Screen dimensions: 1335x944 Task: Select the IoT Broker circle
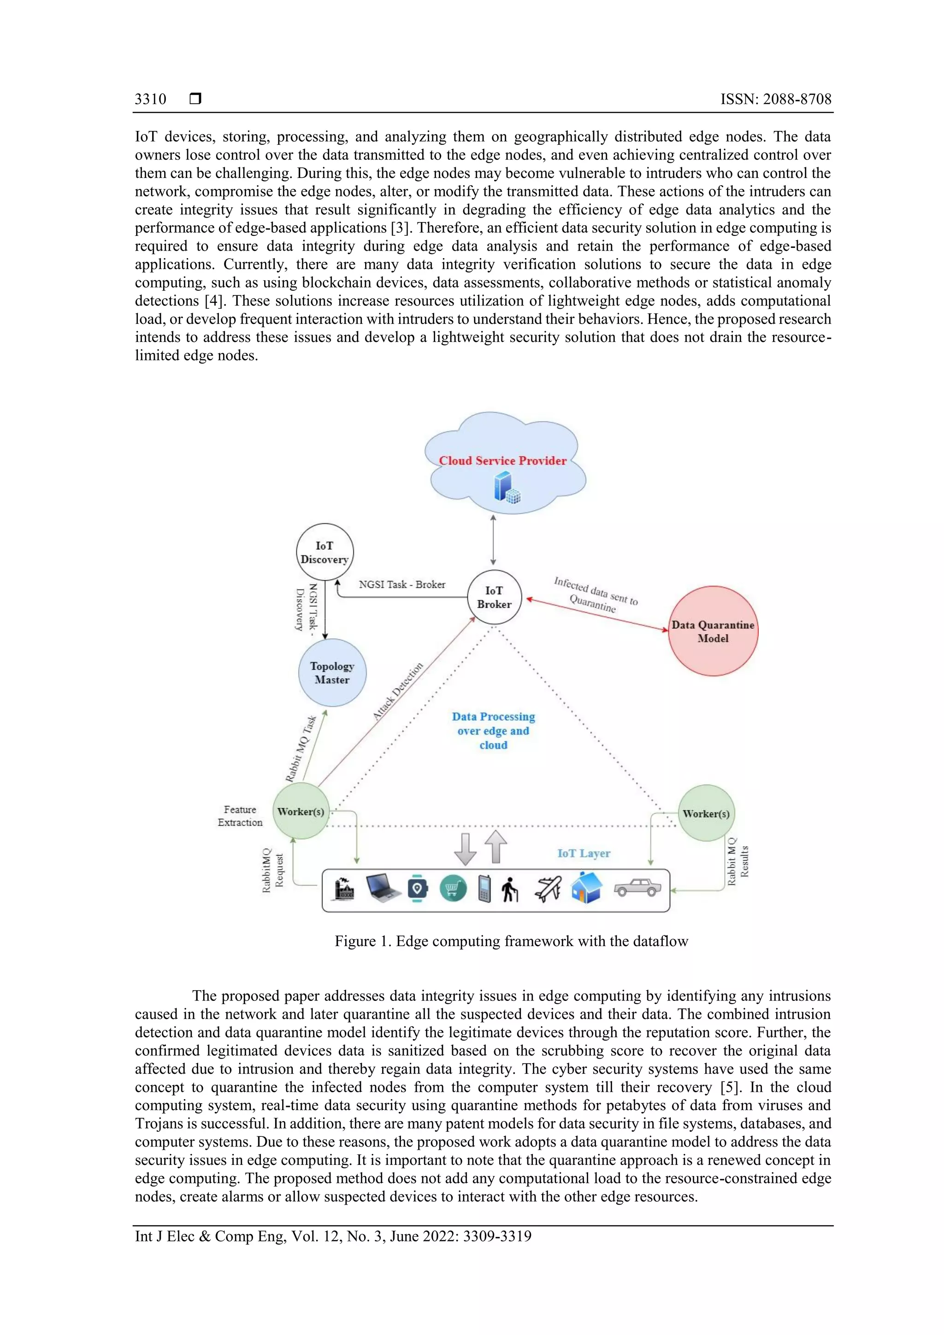tap(494, 597)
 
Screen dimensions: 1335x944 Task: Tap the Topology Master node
tap(332, 673)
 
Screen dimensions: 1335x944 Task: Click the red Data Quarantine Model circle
tap(713, 631)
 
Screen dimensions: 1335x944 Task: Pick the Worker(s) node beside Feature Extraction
tap(300, 811)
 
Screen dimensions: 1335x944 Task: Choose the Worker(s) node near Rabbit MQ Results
tap(706, 813)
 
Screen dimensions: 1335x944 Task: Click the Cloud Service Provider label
tap(502, 460)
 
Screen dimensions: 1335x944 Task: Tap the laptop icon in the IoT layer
tap(383, 888)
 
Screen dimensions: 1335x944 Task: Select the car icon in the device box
tap(637, 888)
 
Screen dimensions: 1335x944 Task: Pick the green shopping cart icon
tap(453, 888)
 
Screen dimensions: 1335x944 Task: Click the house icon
tap(586, 888)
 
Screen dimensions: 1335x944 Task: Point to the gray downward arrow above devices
tap(465, 849)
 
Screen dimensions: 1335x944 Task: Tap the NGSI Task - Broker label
tap(402, 584)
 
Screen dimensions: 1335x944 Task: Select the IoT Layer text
tap(584, 853)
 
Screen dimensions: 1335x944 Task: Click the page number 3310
tap(150, 100)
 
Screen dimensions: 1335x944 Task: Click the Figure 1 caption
tap(511, 941)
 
